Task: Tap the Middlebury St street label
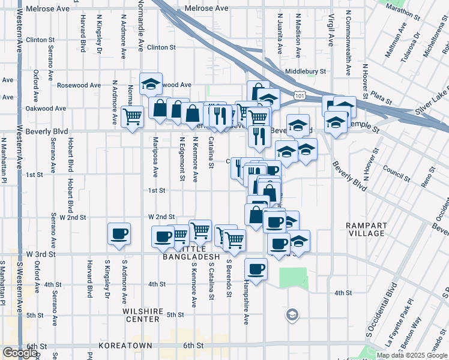pos(306,71)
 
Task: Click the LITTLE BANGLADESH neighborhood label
pos(191,253)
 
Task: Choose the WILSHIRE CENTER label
pos(142,315)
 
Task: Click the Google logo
pos(20,353)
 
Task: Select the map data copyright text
pos(412,355)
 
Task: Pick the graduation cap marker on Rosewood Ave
pos(151,84)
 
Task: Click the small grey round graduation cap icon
pos(292,315)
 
